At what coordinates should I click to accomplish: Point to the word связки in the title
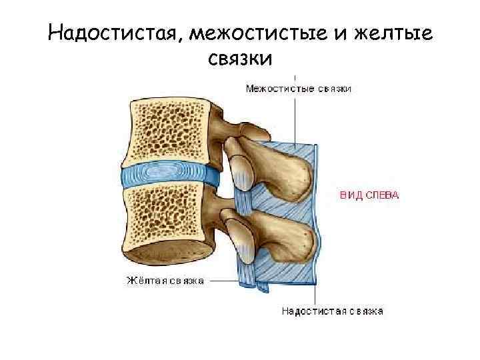click(240, 59)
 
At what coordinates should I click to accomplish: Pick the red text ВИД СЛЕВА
click(369, 195)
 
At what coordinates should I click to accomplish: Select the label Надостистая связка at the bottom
click(332, 311)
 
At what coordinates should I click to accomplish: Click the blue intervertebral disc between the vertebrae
click(170, 177)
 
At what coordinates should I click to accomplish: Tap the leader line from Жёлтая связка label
click(223, 281)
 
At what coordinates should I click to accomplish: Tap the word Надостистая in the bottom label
click(311, 311)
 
